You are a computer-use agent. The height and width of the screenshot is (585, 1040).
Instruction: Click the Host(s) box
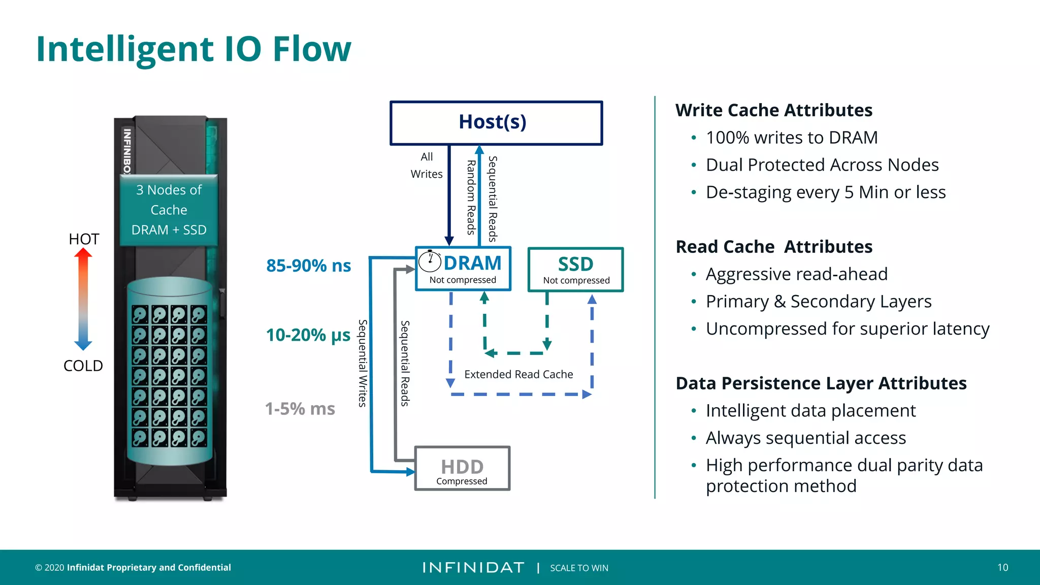coord(496,123)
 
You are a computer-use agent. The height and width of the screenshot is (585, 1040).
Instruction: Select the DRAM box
coord(463,269)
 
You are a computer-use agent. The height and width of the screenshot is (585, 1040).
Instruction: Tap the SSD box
coord(575,270)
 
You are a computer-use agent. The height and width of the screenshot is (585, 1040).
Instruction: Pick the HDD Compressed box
coord(462,468)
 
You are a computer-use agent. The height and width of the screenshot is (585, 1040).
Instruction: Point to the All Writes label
coord(427,166)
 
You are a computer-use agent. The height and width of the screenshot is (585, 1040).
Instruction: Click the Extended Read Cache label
coord(518,374)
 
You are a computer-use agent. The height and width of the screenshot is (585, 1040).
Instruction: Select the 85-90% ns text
coord(308,266)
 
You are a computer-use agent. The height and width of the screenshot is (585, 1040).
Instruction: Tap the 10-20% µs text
coord(308,335)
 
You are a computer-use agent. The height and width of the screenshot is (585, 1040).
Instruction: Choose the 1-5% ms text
coord(300,409)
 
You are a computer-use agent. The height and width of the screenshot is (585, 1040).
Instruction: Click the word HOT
coord(84,239)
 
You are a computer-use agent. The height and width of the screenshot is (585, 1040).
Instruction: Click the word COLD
coord(83,366)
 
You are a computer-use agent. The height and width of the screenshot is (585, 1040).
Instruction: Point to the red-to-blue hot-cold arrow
coord(83,300)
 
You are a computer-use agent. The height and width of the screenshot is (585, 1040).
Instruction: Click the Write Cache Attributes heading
coord(773,110)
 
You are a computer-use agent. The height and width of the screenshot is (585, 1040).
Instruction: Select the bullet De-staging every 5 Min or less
coord(825,192)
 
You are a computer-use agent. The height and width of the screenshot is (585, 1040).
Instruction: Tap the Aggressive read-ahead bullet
coord(796,274)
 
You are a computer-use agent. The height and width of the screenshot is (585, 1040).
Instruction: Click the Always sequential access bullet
coord(805,438)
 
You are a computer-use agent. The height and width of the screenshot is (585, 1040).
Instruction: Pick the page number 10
coord(1002,567)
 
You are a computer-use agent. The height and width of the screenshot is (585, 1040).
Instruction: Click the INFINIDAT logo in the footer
coord(473,567)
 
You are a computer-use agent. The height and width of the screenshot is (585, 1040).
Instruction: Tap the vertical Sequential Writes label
coord(363,363)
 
